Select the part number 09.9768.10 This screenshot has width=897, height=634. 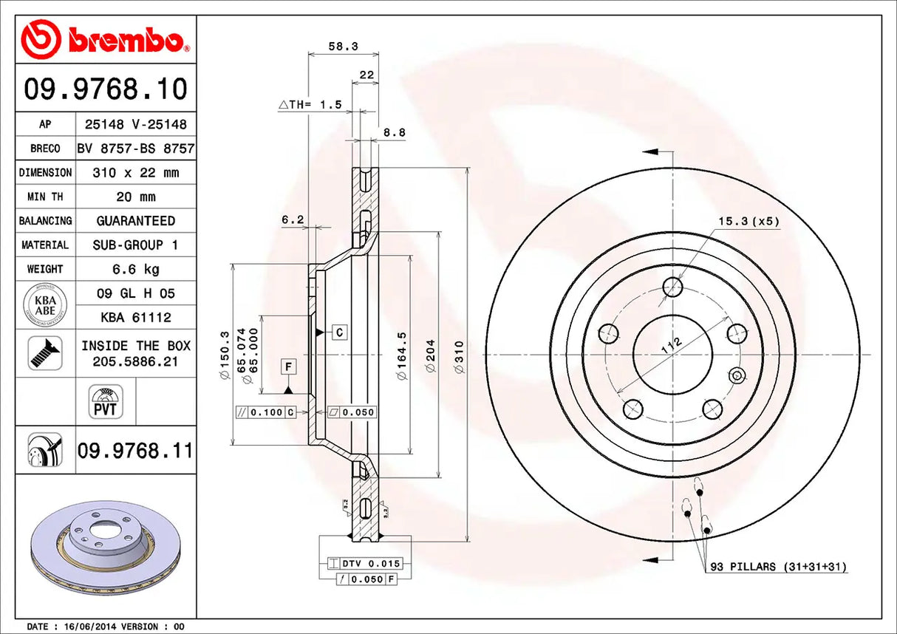(106, 89)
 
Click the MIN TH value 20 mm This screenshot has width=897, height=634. (136, 197)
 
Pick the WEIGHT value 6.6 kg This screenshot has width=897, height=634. (136, 269)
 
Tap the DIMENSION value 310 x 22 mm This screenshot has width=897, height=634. (136, 173)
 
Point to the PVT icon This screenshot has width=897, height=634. (106, 402)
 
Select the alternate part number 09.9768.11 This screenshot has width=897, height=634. (134, 449)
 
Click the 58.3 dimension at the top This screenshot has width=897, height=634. (343, 46)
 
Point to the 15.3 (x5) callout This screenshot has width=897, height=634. (748, 221)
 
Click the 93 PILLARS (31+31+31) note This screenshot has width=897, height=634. (778, 567)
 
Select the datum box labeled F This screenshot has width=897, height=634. (287, 367)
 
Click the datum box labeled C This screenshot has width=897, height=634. (339, 333)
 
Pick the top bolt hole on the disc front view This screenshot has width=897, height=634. (672, 287)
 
